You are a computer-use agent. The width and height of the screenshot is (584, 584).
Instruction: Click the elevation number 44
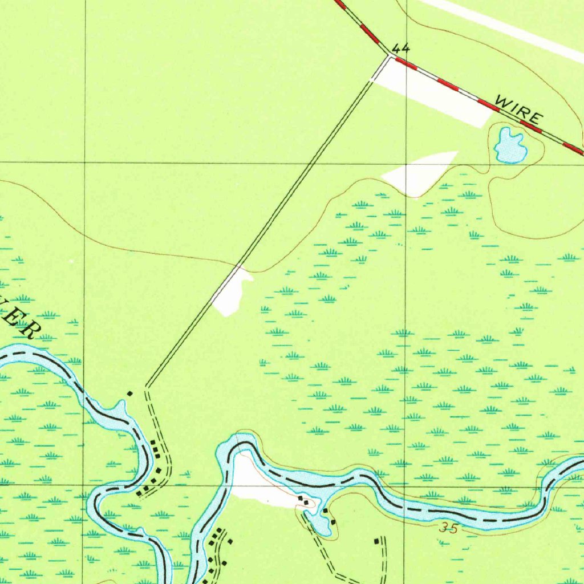(401, 48)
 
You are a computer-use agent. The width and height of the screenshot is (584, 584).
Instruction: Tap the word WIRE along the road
(518, 110)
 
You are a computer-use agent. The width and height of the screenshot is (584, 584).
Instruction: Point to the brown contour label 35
(448, 529)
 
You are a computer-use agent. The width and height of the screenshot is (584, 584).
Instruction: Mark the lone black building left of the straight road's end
(129, 393)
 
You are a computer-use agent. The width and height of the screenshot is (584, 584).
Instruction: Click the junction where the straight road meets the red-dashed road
(390, 55)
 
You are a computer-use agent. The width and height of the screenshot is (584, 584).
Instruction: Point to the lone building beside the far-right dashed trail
(376, 540)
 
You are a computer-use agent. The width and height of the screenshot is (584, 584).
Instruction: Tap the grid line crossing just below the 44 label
(405, 163)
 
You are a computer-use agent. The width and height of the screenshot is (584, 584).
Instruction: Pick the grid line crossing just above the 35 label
(405, 486)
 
